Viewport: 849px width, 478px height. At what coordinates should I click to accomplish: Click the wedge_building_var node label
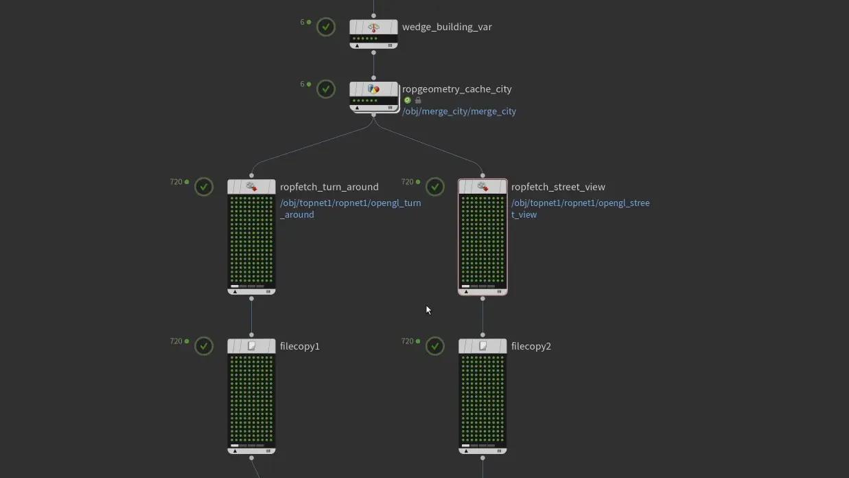(x=447, y=27)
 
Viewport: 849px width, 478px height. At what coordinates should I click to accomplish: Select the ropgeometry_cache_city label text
(x=456, y=89)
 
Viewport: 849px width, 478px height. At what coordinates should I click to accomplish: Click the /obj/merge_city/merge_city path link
(x=458, y=111)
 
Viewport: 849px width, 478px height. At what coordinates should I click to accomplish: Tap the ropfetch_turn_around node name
(x=329, y=187)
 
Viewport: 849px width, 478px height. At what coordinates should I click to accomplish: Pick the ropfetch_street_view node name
(x=558, y=187)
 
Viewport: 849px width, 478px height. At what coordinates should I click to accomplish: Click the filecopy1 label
(x=300, y=346)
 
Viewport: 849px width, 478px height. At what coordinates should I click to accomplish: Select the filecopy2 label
(x=531, y=346)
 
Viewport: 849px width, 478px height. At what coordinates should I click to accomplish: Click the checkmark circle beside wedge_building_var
(x=326, y=27)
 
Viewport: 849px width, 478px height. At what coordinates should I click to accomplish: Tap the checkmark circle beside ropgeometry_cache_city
(x=326, y=89)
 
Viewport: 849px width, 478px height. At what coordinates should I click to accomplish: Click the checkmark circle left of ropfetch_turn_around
(x=204, y=187)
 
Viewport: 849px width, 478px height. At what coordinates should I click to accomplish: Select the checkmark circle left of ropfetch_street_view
(x=435, y=187)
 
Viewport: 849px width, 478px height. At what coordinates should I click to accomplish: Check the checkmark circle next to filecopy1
(x=204, y=346)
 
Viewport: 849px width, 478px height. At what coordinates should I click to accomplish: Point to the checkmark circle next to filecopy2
(x=435, y=346)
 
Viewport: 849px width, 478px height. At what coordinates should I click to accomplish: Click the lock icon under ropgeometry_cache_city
(x=418, y=100)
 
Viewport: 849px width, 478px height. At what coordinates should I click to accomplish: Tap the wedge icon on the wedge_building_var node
(x=373, y=27)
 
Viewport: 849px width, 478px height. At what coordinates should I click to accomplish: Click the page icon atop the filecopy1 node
(x=252, y=346)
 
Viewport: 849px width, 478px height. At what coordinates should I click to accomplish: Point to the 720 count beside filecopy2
(x=408, y=341)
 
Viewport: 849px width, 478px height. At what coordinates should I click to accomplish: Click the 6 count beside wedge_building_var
(x=302, y=22)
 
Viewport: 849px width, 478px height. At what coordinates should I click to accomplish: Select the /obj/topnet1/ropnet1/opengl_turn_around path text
(x=350, y=209)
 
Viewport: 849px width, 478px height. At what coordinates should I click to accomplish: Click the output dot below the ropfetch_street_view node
(x=482, y=299)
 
